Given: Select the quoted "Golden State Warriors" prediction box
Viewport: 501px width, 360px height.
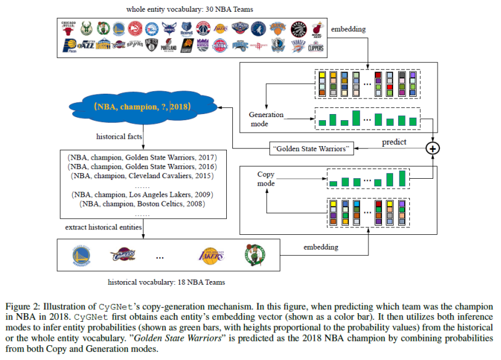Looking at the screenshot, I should point(312,149).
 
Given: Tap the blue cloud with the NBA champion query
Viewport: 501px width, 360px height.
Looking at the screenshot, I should point(143,107).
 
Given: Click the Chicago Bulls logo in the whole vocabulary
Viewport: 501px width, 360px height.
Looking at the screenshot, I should point(68,28).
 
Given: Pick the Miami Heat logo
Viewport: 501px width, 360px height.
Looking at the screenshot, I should point(317,28).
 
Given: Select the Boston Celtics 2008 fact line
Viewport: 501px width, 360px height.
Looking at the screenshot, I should point(142,203).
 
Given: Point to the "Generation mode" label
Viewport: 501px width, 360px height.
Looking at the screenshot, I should point(266,119).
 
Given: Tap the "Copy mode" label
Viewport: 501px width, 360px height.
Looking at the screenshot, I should point(266,179).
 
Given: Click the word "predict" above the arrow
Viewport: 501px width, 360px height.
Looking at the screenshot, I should point(394,142).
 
